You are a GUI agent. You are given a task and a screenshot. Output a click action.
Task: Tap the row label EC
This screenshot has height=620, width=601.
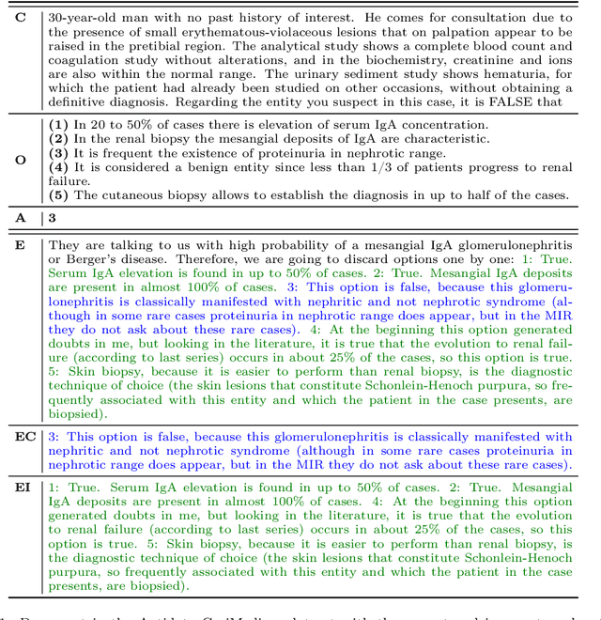click(21, 437)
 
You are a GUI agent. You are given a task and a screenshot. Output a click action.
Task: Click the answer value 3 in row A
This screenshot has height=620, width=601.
click(53, 217)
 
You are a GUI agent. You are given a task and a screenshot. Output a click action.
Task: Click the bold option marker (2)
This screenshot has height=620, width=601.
click(59, 139)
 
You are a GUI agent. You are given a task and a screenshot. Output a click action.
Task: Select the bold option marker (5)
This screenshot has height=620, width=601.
click(59, 195)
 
